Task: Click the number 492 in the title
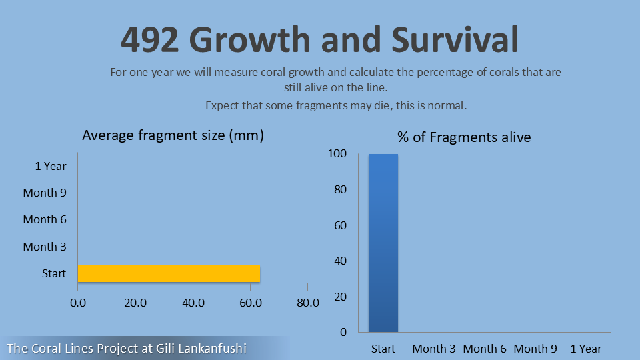151,39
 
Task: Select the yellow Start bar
169,273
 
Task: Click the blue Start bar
383,243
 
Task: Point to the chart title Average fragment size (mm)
173,135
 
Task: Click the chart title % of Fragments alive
464,137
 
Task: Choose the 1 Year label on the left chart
51,166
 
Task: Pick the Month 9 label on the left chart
45,193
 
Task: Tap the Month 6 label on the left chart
45,219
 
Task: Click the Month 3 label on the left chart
45,247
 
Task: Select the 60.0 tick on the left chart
250,302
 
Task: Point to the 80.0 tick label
307,302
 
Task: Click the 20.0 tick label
135,302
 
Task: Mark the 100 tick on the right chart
337,154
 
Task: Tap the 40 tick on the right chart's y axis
340,261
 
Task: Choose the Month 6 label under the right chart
485,349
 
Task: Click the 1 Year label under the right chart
585,349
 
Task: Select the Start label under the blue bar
383,349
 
